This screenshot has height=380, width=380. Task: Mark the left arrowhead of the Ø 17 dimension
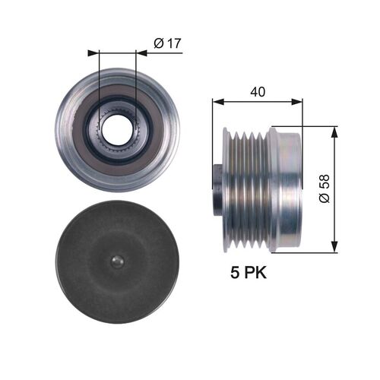coord(94,53)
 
